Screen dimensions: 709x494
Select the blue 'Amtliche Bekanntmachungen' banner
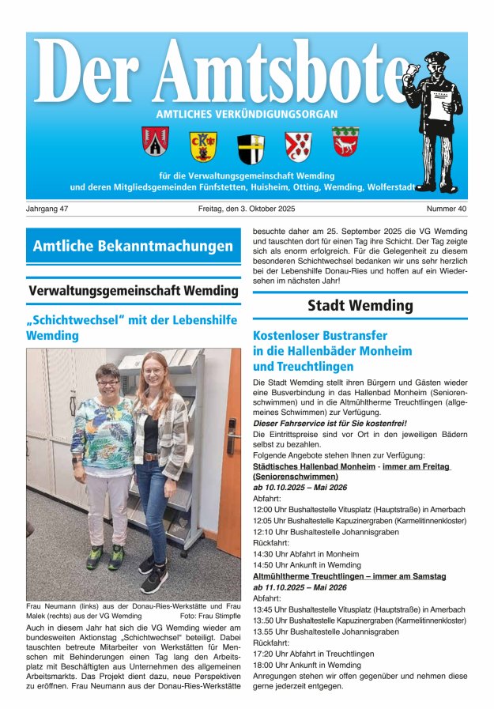coord(133,246)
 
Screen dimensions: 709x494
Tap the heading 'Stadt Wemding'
coord(360,305)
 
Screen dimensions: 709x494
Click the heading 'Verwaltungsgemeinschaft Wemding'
coord(133,290)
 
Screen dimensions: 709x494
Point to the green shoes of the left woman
coord(105,556)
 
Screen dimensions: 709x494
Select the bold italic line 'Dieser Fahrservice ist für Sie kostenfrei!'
coord(329,423)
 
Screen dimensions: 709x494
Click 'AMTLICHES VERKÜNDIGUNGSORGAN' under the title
coord(247,114)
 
